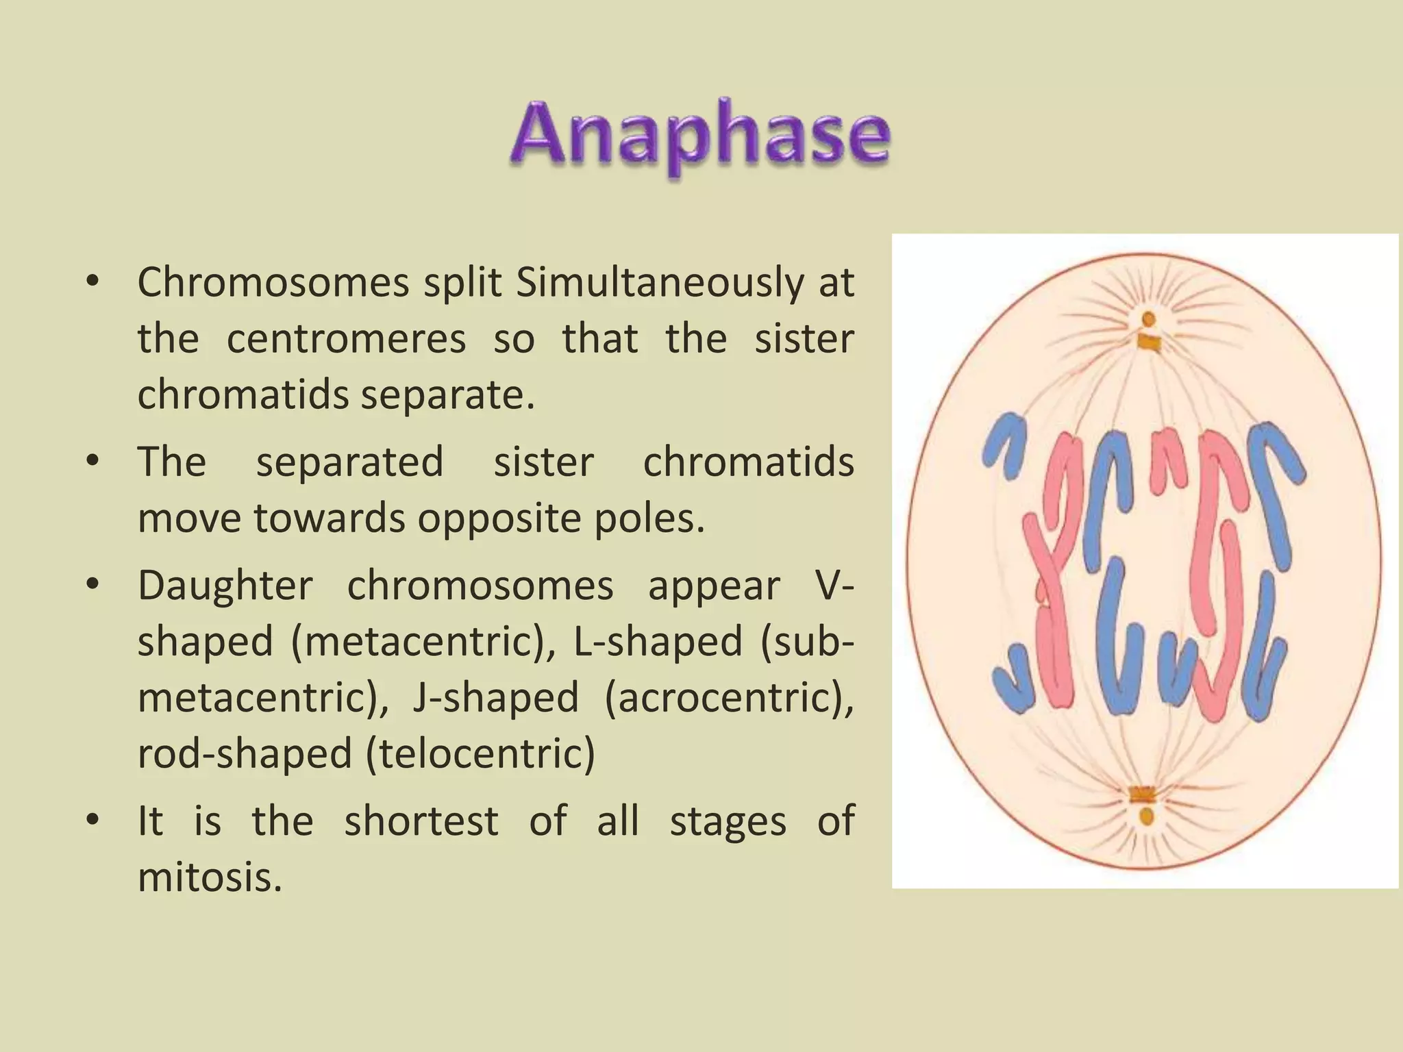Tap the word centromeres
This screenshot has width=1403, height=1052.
coord(346,338)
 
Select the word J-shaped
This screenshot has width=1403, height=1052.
coord(495,698)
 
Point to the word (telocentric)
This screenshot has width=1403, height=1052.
coord(480,754)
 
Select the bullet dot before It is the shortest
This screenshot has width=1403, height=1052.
coord(93,820)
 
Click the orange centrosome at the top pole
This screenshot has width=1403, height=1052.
coord(1149,319)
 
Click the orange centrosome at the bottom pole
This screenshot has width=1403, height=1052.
coord(1146,816)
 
